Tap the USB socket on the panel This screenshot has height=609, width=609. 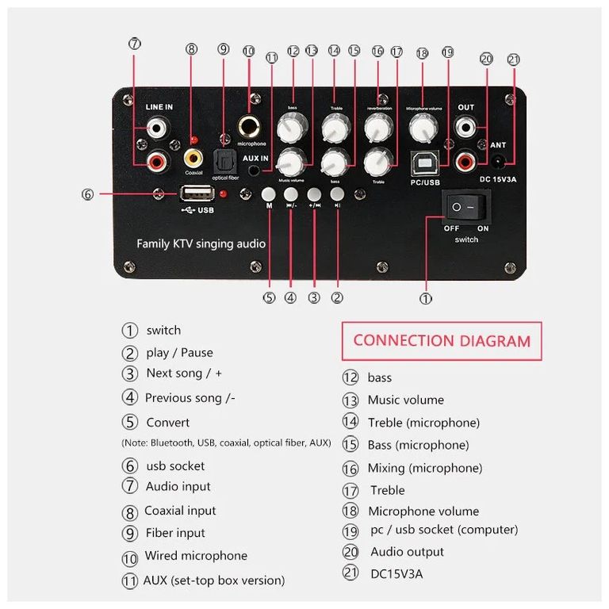[197, 193]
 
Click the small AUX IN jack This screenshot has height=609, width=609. [255, 169]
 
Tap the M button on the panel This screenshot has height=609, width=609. [270, 194]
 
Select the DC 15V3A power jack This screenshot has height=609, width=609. [500, 160]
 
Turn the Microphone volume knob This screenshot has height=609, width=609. [420, 125]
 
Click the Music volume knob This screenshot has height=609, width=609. [291, 163]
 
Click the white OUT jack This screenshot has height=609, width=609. [465, 125]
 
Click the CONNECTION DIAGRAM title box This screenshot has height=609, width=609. [442, 341]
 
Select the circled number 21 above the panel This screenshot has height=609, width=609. [513, 59]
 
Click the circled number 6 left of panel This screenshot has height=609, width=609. [87, 193]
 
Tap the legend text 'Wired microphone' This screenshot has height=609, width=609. [196, 556]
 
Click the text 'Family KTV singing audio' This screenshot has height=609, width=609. [201, 243]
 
